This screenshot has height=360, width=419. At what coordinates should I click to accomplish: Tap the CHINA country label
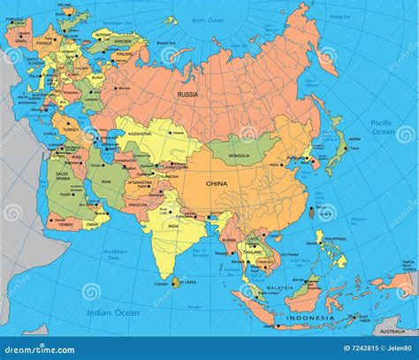tap(217, 184)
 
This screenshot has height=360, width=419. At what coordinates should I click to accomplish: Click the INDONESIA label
tap(310, 318)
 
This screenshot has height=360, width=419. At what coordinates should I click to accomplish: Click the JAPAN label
tap(354, 139)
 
